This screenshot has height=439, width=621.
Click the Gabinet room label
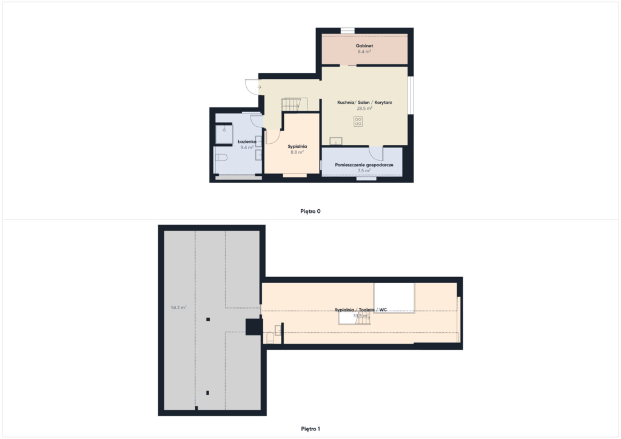click(x=364, y=45)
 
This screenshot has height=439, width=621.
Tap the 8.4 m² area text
click(x=364, y=52)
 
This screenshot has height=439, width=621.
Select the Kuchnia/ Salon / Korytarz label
click(x=364, y=102)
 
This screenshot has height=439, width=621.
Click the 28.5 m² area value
click(x=364, y=108)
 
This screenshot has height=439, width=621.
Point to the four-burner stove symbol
click(x=358, y=121)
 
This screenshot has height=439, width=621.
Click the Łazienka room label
click(x=247, y=141)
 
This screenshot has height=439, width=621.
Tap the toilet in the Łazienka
click(x=221, y=158)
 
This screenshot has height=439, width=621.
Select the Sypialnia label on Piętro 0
click(x=297, y=146)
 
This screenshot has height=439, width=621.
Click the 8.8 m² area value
click(x=297, y=152)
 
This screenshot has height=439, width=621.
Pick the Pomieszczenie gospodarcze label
click(x=364, y=165)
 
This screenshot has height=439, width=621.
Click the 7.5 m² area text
click(x=364, y=170)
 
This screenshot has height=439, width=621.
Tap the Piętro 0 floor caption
click(x=310, y=211)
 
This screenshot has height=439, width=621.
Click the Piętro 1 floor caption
click(x=310, y=429)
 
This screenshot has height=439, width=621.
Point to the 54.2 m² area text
click(x=179, y=307)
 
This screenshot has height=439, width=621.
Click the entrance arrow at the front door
click(x=259, y=87)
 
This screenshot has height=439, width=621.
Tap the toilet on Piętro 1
click(x=270, y=338)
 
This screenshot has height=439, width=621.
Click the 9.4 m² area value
click(x=247, y=147)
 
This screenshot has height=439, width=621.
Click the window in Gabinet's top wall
click(x=347, y=30)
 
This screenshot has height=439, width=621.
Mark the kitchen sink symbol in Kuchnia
click(x=336, y=141)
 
